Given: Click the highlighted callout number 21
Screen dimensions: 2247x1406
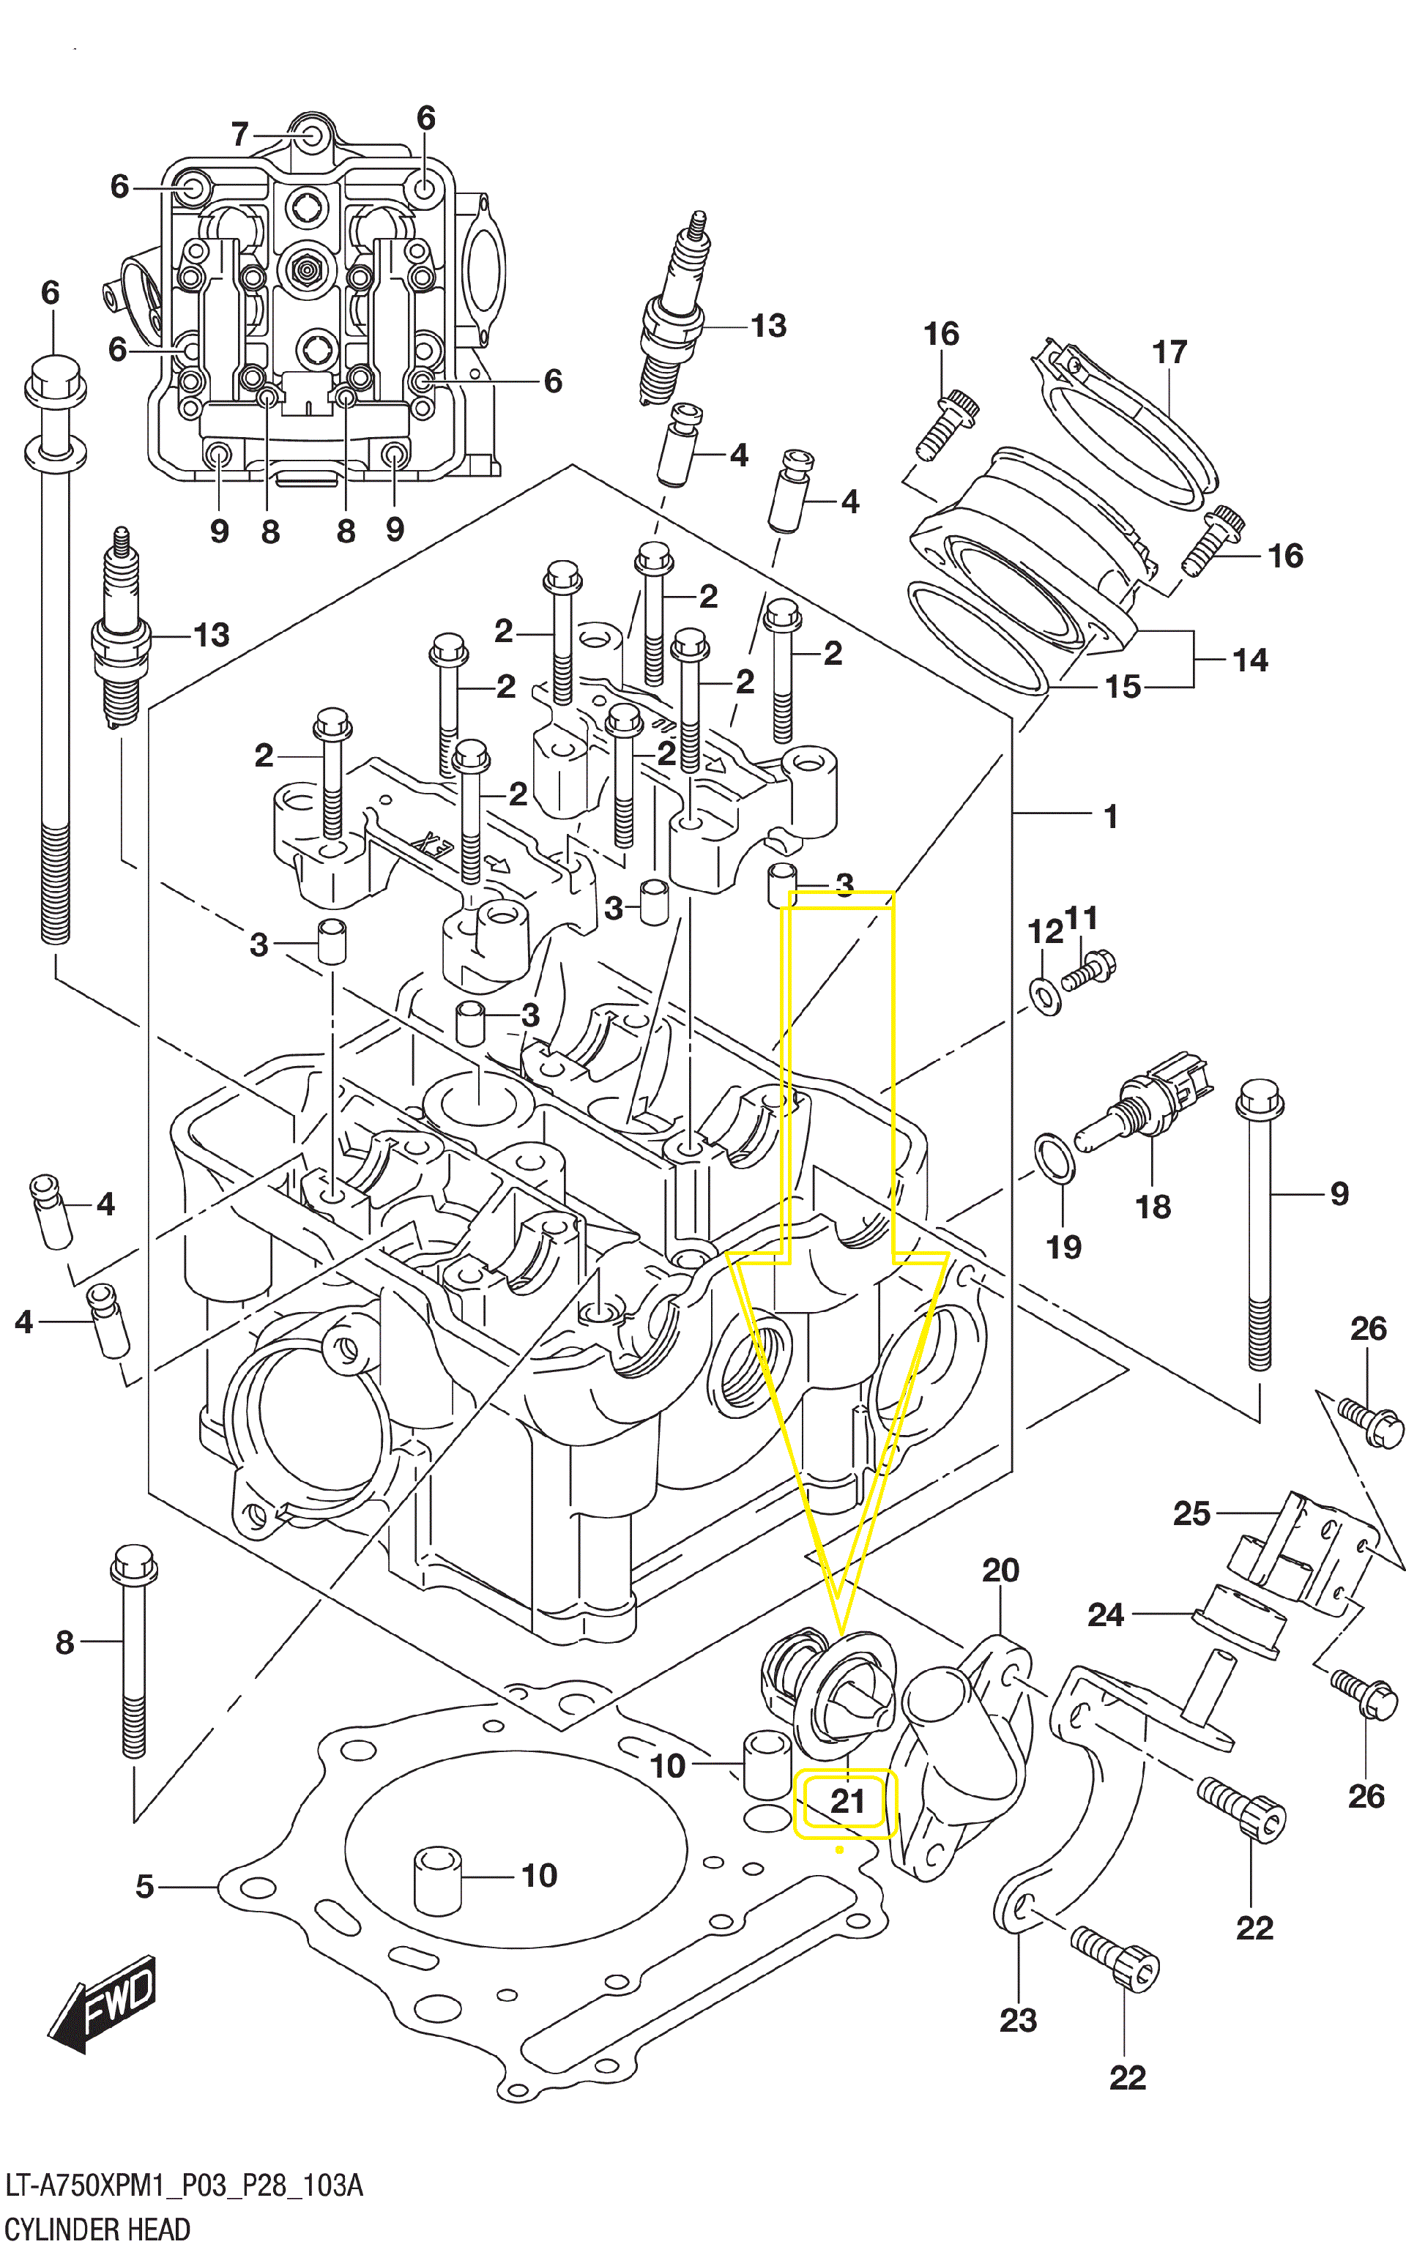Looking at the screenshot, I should (847, 1802).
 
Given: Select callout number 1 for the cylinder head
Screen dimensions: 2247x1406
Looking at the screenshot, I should (1109, 816).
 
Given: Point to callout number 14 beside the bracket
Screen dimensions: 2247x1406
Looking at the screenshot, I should (1250, 660).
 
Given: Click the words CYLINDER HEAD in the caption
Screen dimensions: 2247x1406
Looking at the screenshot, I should (97, 2229).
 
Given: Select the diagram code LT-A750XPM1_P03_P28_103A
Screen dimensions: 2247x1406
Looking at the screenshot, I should (183, 2185).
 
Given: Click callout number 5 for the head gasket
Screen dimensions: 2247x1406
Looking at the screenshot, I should (145, 1886).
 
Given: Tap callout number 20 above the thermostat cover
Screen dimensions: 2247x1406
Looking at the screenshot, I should (1000, 1570).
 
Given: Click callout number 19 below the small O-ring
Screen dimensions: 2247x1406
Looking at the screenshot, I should (1064, 1247).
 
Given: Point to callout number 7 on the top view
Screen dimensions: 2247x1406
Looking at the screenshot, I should (240, 135).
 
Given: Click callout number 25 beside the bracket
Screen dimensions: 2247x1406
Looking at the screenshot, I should (1191, 1513).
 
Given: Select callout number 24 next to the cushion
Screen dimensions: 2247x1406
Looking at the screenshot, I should (1106, 1615).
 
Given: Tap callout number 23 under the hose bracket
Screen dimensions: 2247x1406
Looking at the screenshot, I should (1017, 2020).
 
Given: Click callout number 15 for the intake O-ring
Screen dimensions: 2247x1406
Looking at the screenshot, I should (1123, 687).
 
